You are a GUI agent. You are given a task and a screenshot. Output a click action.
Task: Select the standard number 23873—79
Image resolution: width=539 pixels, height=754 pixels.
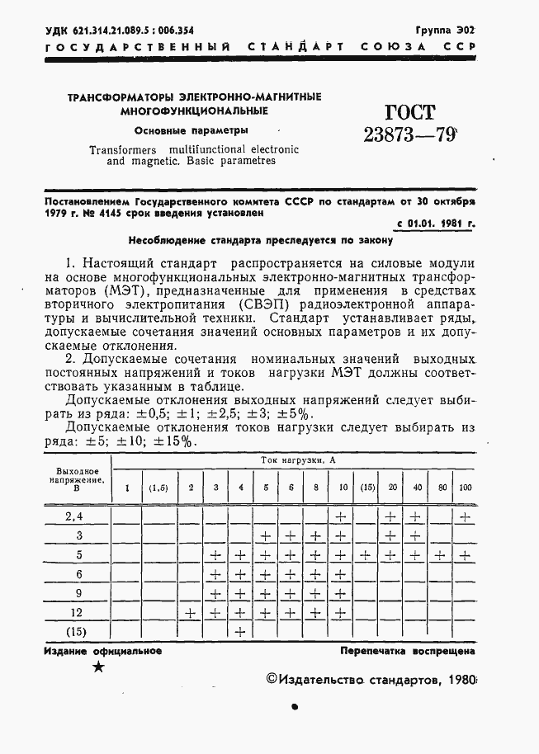410,135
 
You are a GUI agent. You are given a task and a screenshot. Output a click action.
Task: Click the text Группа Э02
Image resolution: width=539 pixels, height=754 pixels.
445,30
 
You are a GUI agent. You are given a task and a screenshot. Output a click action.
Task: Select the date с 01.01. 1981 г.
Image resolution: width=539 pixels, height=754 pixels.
436,224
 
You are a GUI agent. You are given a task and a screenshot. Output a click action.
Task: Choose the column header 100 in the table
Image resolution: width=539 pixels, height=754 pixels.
466,488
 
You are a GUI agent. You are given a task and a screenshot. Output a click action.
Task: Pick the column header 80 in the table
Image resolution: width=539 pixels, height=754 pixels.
442,488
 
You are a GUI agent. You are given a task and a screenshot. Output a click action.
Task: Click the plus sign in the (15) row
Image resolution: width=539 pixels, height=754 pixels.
241,632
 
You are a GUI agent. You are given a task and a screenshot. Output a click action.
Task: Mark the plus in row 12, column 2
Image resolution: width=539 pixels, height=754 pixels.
191,613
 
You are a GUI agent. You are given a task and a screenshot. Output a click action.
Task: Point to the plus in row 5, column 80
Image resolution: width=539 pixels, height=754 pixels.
442,555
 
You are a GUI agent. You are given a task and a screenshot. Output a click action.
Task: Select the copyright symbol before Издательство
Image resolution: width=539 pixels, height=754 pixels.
273,679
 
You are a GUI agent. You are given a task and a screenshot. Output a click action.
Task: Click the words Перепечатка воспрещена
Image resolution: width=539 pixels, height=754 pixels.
408,651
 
